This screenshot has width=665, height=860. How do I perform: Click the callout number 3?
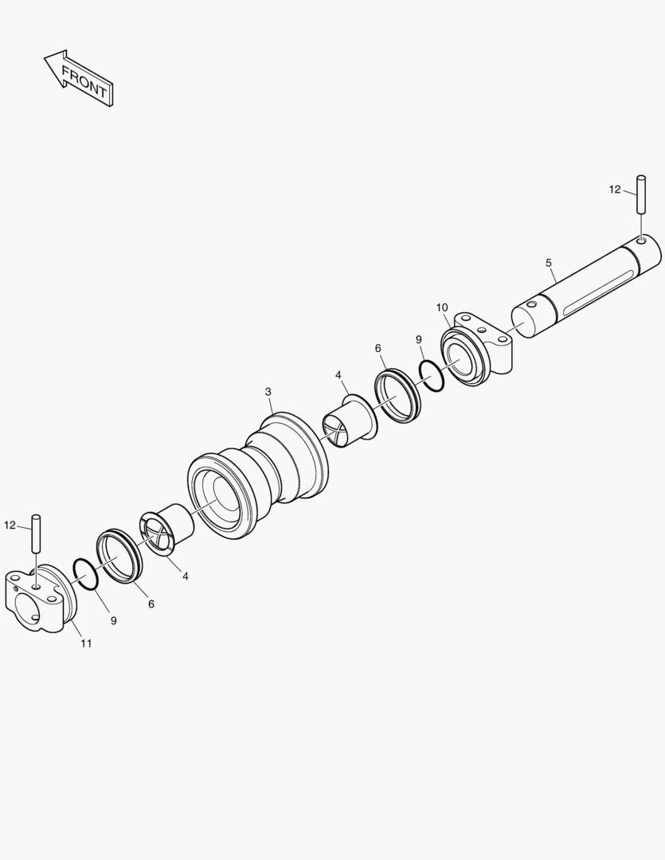pos(268,392)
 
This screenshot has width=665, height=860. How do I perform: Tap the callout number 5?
pos(549,264)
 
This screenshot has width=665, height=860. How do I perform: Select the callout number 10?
pos(442,307)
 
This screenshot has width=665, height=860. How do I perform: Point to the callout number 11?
pos(86,643)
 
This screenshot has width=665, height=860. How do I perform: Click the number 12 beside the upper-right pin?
pos(615,190)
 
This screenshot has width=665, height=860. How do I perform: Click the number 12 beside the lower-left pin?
pos(10,525)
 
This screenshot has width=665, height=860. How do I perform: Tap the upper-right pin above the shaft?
pos(641,195)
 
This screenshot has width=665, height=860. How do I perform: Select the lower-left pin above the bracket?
pos(37,533)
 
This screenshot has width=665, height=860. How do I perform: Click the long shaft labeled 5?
pos(586,287)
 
